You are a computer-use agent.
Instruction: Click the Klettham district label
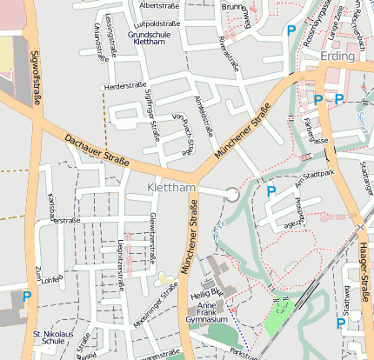tap(172, 188)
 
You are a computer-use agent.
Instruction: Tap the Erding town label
tap(337, 56)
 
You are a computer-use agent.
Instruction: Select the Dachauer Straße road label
tap(96, 148)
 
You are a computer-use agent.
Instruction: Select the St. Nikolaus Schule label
tap(49, 338)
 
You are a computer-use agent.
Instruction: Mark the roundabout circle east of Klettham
tap(232, 195)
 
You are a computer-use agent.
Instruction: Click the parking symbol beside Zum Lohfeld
tap(27, 297)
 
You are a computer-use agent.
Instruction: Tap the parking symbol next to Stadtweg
tap(341, 323)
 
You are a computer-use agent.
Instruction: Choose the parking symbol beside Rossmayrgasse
tap(291, 30)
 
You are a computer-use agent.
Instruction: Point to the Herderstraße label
tap(124, 86)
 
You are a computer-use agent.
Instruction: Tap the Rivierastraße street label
tap(229, 51)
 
